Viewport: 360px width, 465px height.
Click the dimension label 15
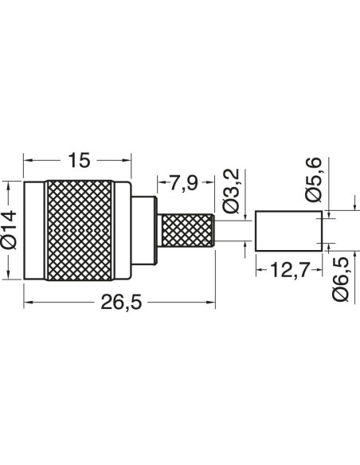pos(79,160)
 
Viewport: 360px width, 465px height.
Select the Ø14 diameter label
pos(9,230)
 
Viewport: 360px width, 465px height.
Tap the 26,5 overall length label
pos(121,303)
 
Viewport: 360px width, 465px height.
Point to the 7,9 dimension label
pos(184,182)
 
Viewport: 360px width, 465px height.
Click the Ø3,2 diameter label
pos(232,190)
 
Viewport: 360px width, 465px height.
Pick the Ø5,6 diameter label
pos(313,180)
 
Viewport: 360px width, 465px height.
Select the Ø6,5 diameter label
pos(340,279)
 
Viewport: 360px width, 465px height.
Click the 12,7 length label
pos(290,270)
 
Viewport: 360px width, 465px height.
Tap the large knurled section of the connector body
pos(79,230)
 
